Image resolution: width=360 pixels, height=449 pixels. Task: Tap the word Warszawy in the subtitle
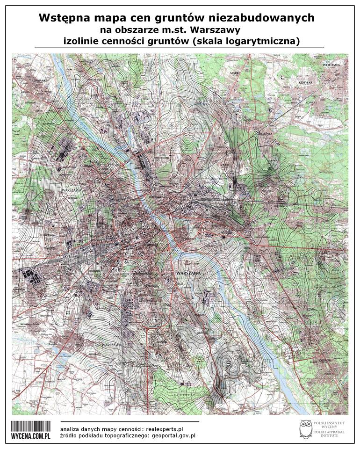[x=220, y=30]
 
